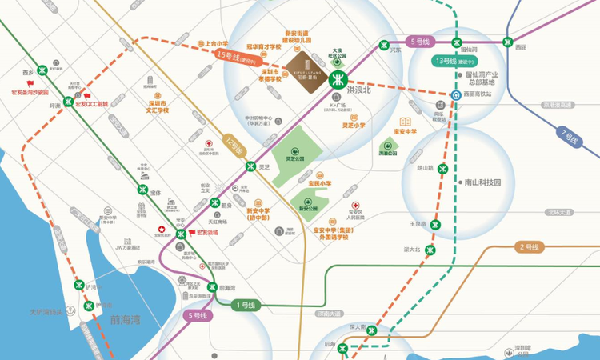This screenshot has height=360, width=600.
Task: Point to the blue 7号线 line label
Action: (x=569, y=138)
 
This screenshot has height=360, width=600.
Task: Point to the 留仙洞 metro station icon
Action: (x=455, y=42)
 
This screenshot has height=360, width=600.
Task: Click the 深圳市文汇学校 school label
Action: (x=153, y=107)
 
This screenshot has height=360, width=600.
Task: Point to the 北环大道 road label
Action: (x=560, y=212)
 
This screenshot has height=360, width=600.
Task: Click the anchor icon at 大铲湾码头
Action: (x=70, y=310)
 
